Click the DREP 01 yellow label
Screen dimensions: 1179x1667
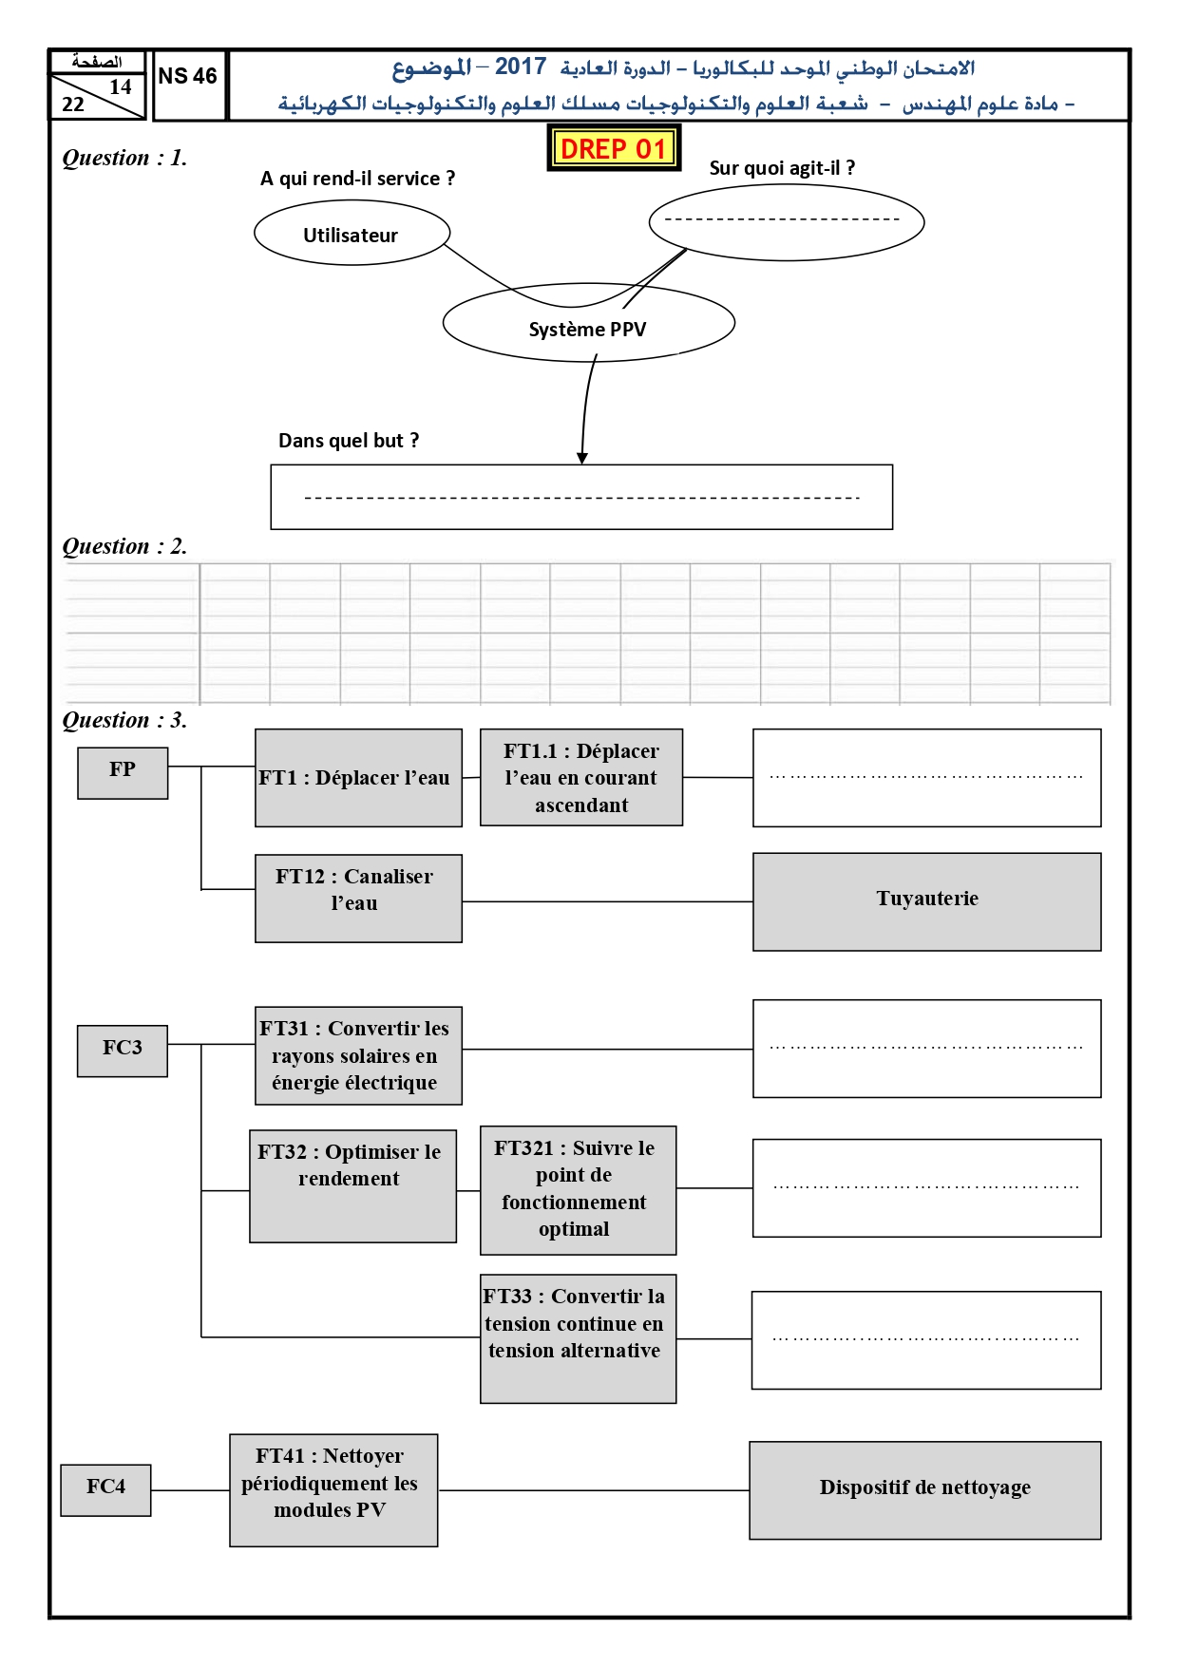tap(614, 148)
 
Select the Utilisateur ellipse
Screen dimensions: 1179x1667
tap(352, 234)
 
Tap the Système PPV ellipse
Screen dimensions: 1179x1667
tap(589, 323)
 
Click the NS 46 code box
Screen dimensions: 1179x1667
tap(189, 85)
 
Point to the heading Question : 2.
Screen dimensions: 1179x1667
tap(124, 546)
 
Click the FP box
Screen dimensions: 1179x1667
tap(123, 773)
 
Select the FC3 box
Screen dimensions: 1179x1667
tap(123, 1051)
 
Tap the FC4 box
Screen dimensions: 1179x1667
tap(105, 1490)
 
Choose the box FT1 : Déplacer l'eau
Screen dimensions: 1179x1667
tap(358, 778)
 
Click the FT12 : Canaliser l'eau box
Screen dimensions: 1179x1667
tap(358, 899)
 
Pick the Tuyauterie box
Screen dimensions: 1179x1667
tap(927, 901)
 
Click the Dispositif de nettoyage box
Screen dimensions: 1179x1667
tap(925, 1490)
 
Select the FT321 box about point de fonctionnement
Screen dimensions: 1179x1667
tap(579, 1190)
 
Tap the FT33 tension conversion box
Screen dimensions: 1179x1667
tap(579, 1339)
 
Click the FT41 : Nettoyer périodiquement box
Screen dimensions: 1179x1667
tap(333, 1490)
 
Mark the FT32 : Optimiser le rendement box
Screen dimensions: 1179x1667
tap(353, 1186)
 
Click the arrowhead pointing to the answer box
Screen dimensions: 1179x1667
tap(582, 459)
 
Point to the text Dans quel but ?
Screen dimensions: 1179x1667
tap(349, 441)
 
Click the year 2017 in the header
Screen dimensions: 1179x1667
tap(521, 66)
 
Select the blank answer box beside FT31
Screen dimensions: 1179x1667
tap(927, 1049)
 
